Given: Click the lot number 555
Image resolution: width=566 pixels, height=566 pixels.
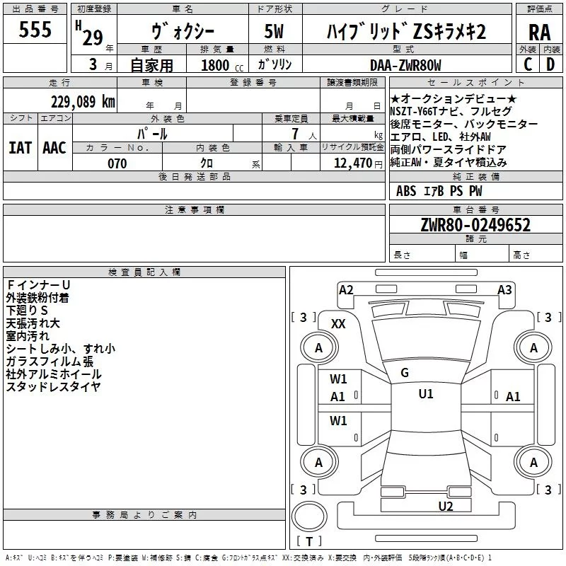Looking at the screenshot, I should click(x=35, y=30).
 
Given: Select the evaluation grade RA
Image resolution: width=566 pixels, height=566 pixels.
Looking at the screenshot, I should click(x=539, y=32).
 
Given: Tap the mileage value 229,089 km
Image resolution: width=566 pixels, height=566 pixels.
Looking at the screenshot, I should click(x=83, y=101).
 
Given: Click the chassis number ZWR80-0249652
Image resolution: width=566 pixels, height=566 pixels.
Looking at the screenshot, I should click(x=475, y=225).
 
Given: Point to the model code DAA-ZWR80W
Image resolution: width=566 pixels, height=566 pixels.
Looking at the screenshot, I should click(x=405, y=65).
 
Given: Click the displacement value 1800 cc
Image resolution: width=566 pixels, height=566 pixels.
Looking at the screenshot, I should click(x=218, y=66).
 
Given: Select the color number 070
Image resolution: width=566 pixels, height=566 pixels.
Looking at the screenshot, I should click(x=116, y=163).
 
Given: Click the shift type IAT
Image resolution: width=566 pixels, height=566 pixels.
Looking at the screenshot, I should click(x=20, y=147).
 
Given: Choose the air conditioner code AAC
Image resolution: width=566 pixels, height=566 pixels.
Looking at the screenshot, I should click(x=54, y=147).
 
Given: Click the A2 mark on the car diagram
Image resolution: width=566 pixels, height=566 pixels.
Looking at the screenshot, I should click(x=346, y=289).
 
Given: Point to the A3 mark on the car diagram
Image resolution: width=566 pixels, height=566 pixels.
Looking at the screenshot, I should click(x=504, y=289).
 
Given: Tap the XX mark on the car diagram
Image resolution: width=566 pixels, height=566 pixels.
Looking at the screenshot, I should click(x=339, y=324).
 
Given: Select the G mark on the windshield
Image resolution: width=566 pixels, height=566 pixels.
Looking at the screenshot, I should click(x=405, y=373).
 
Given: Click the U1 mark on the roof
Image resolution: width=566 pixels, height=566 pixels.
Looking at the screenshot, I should click(x=425, y=394).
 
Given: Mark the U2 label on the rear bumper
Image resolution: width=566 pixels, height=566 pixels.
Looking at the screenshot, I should click(x=445, y=506).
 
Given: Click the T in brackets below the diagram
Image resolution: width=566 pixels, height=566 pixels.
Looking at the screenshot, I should click(x=308, y=542).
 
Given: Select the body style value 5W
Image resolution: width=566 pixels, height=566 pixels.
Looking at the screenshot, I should click(x=274, y=32).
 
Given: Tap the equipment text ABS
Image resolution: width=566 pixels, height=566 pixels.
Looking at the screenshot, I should click(x=406, y=190).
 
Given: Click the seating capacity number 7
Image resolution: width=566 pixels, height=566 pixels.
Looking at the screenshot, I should click(x=292, y=134).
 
